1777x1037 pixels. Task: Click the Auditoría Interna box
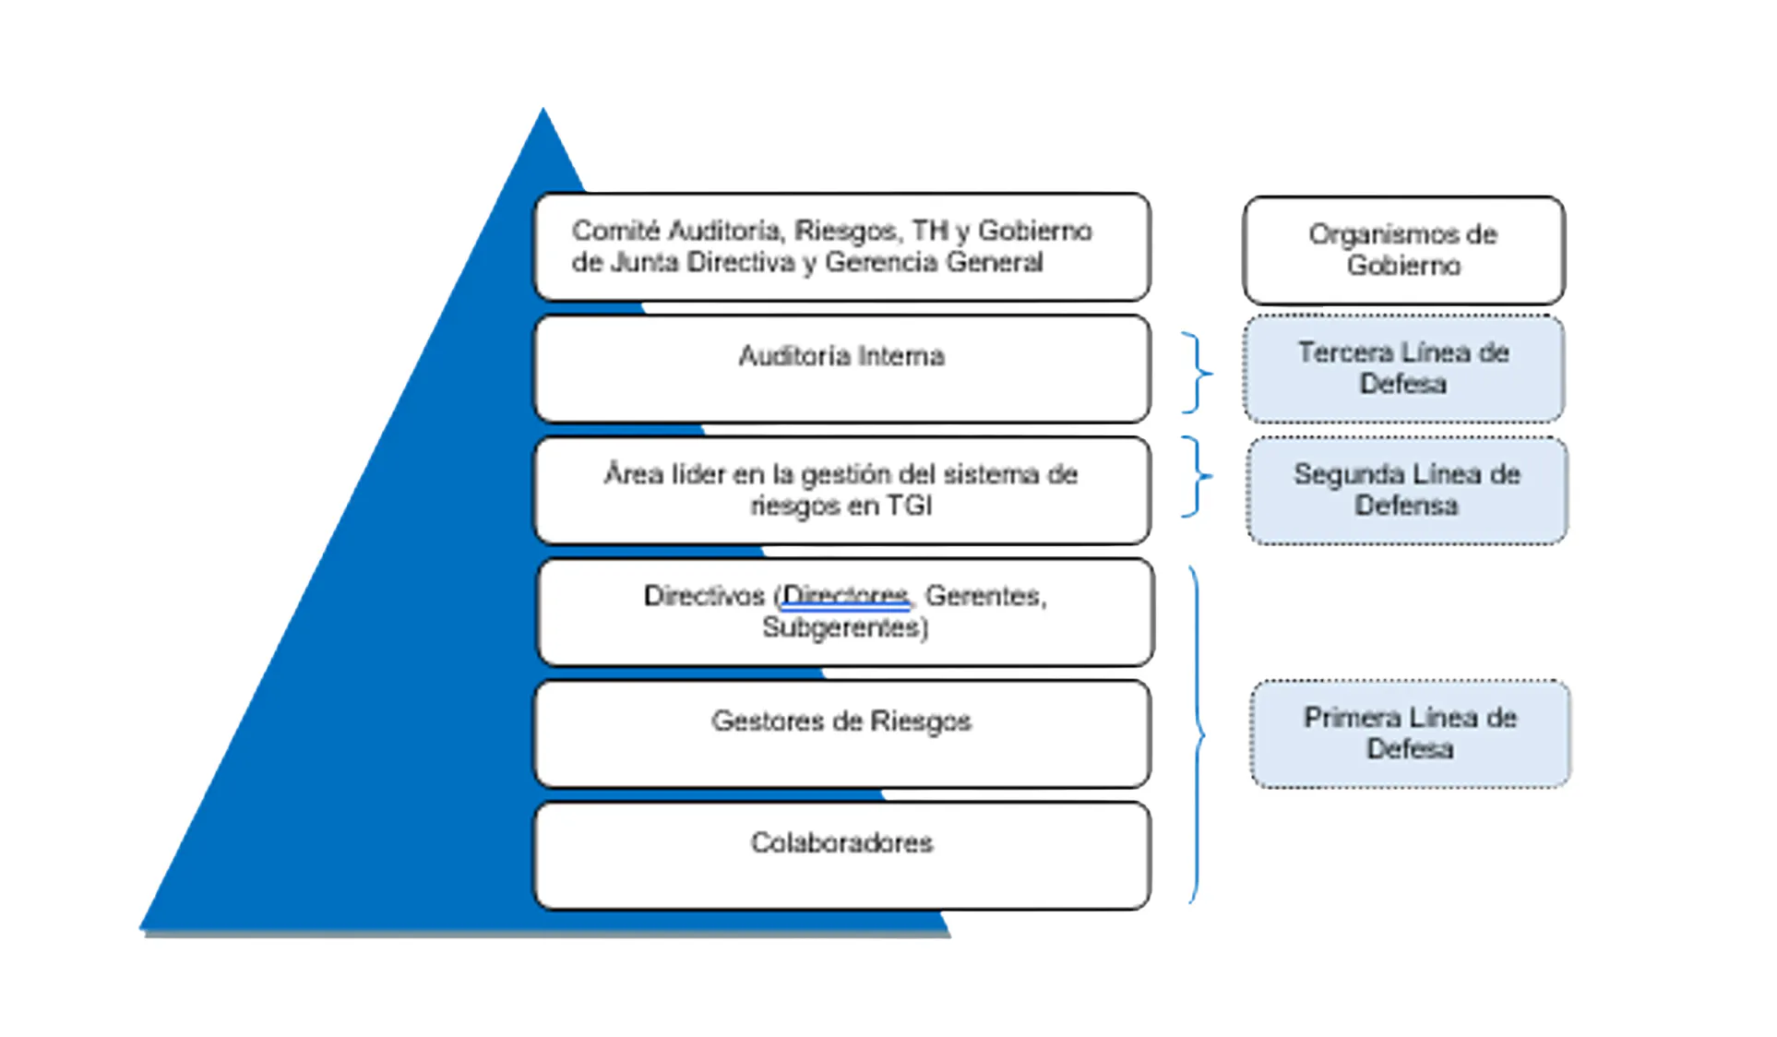pos(841,369)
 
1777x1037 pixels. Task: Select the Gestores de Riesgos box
pos(841,734)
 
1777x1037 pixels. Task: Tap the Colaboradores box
pos(841,856)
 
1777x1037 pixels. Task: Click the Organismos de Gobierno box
pos(1403,250)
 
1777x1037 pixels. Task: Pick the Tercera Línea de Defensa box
pos(1403,369)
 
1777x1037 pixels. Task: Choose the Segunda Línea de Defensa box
pos(1406,491)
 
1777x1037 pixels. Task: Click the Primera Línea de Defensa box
pos(1410,734)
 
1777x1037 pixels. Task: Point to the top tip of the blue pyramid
pos(543,113)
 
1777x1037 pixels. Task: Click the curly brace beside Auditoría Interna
pos(1197,373)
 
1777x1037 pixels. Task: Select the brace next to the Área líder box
pos(1197,476)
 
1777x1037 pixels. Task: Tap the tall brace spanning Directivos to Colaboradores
pos(1197,734)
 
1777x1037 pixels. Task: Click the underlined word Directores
pos(845,596)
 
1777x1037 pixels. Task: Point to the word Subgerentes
pos(843,627)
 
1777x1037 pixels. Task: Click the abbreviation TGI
pos(909,506)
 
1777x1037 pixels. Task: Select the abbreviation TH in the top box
pos(930,231)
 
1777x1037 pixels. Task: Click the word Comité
pos(614,231)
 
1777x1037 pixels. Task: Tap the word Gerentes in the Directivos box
pos(983,596)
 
